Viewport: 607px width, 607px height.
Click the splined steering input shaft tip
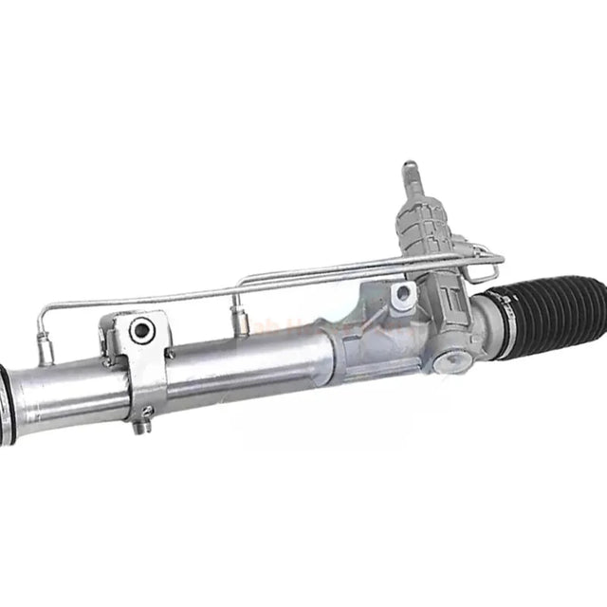[x=411, y=172]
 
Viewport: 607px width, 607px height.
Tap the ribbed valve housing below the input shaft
[x=417, y=223]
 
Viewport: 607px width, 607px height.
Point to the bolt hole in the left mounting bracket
[x=142, y=330]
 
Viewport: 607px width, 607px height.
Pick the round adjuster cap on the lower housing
[x=451, y=359]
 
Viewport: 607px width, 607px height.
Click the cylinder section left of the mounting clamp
[x=66, y=389]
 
